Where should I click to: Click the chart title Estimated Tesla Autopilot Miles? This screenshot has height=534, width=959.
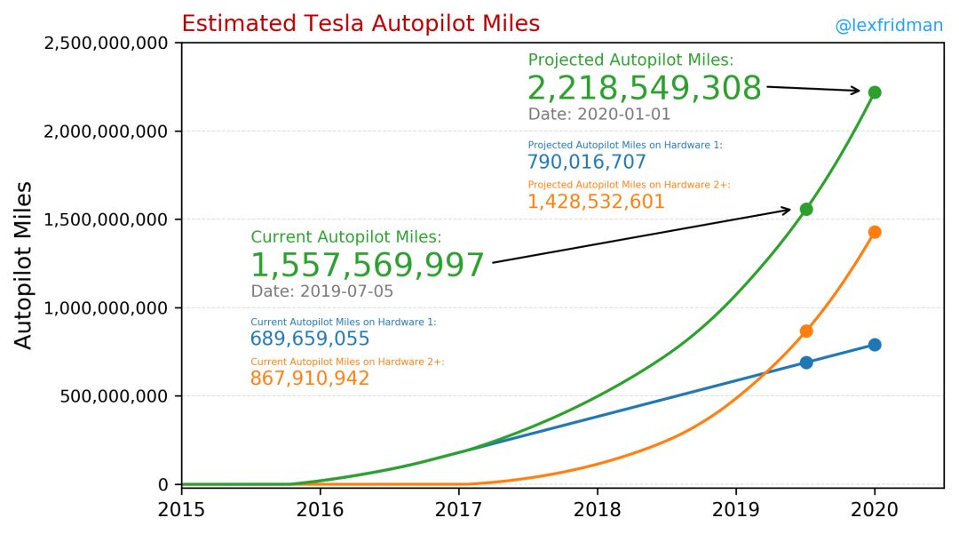point(360,24)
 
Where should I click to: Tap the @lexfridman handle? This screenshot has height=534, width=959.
point(888,27)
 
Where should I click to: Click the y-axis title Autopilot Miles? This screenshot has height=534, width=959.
point(24,265)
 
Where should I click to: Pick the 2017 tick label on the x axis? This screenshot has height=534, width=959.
point(459,510)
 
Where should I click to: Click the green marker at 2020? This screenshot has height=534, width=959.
point(875,92)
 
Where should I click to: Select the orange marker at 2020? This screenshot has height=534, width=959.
point(875,232)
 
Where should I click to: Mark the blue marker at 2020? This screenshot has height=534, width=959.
point(875,345)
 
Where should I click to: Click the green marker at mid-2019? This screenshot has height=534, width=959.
point(806,210)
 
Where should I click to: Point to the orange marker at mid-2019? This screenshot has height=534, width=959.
point(806,331)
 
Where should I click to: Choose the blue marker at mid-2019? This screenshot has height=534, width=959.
point(806,363)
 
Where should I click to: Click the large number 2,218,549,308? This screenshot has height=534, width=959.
point(644,89)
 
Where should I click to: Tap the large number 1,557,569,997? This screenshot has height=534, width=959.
point(368,266)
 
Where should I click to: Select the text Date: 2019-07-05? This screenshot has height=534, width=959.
point(321,291)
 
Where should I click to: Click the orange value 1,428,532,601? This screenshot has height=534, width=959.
point(596,202)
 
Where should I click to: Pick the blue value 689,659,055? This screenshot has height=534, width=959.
point(310,339)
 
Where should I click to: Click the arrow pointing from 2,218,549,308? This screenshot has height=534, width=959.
point(812,89)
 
